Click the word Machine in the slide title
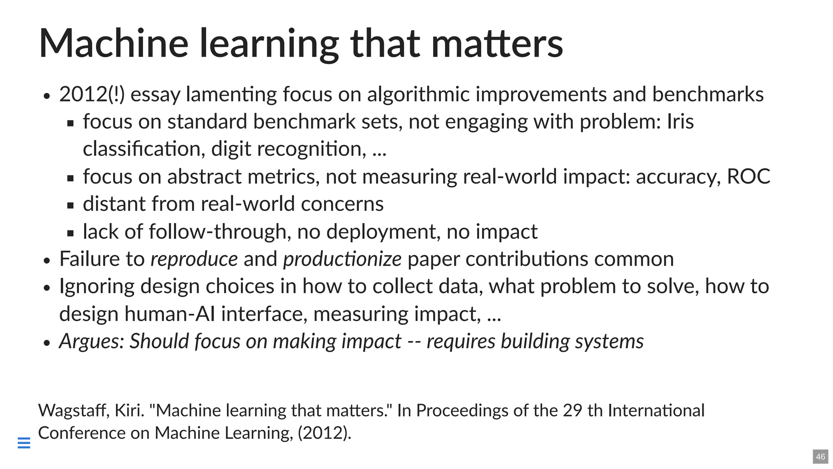coord(113,43)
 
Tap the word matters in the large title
coord(497,43)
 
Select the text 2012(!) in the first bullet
coord(92,94)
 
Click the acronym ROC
coord(748,177)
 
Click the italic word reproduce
coord(194,259)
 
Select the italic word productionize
coord(342,259)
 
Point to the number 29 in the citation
coord(573,410)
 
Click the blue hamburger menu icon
coord(24,443)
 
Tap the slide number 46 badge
coord(820,457)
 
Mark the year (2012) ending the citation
coord(324,433)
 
